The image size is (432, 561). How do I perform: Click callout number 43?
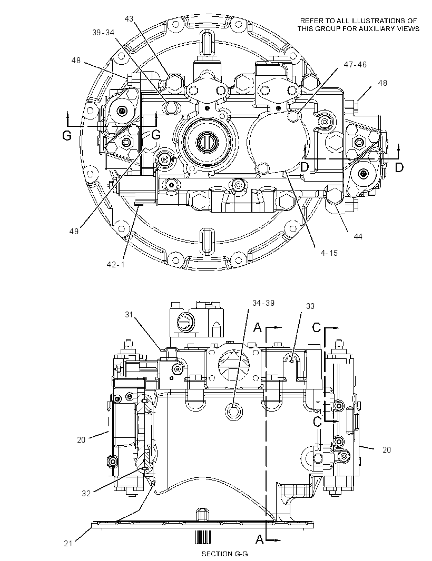[129, 18]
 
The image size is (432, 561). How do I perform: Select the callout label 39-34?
[103, 33]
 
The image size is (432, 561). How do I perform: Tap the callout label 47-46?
[355, 64]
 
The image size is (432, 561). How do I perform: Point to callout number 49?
[74, 232]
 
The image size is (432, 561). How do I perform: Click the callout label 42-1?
[115, 264]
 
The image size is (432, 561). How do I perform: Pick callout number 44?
[358, 236]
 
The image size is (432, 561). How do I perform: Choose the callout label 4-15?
[329, 253]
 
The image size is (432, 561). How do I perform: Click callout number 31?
[129, 315]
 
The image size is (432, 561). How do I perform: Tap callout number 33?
[310, 306]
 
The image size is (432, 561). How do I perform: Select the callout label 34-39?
[263, 303]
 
